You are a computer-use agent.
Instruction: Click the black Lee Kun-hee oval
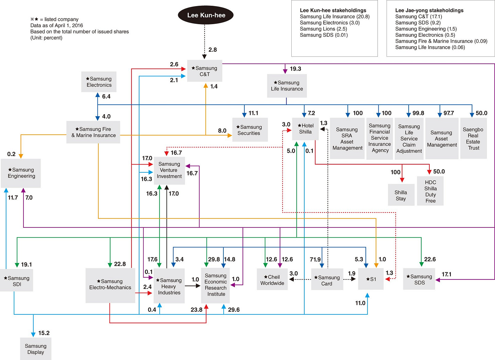point(205,15)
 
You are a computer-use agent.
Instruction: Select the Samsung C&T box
point(205,71)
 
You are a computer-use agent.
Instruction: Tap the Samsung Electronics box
point(99,82)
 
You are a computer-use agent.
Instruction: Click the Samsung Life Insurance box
point(287,86)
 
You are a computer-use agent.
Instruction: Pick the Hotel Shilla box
point(305,129)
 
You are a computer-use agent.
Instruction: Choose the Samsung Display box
point(36,349)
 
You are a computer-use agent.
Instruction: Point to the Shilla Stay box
point(401,195)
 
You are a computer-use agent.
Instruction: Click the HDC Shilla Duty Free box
point(430,191)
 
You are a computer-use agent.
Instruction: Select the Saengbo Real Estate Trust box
point(474,138)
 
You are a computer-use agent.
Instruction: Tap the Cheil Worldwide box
point(272,279)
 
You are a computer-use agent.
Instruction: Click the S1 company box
point(371,279)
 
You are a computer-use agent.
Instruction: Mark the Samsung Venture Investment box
point(169,171)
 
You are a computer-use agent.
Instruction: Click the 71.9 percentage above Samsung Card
point(315,259)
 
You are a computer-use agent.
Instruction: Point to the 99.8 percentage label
point(418,113)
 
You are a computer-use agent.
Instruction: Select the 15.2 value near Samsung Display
point(44,333)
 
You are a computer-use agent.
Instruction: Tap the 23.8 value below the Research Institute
point(197,310)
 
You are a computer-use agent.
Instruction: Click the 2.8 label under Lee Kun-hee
point(212,50)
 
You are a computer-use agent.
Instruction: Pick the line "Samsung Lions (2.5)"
point(323,29)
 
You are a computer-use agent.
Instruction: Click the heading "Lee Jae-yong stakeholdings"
point(429,11)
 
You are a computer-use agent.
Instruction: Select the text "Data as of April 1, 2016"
point(56,25)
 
